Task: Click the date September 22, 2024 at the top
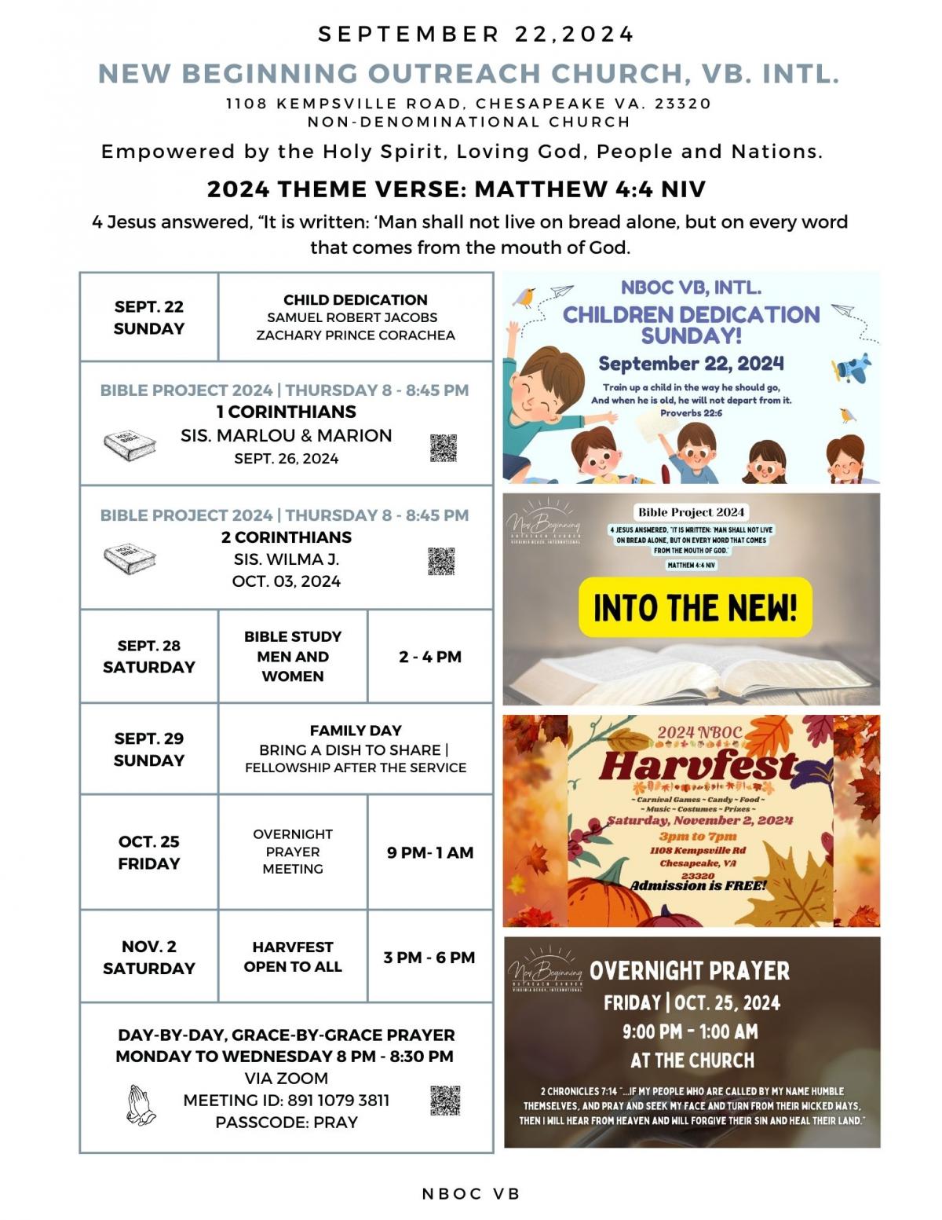[476, 35]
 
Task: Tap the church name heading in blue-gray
[469, 73]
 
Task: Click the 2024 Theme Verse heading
[456, 189]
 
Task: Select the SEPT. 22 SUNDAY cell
[148, 317]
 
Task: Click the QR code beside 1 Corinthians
[443, 448]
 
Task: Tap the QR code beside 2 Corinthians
[441, 561]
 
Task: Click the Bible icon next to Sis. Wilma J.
[130, 559]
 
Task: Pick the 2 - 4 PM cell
[429, 657]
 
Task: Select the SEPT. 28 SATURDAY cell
[148, 656]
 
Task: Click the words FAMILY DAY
[356, 731]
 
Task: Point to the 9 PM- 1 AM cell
[429, 852]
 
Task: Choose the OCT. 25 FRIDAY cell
[148, 852]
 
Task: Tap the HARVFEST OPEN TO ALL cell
[293, 957]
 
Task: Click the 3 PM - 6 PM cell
[429, 958]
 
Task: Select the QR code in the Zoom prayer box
[444, 1100]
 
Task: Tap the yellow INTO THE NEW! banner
[695, 607]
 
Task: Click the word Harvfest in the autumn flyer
[698, 765]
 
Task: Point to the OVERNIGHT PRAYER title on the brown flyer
[689, 971]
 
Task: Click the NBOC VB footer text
[471, 1193]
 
